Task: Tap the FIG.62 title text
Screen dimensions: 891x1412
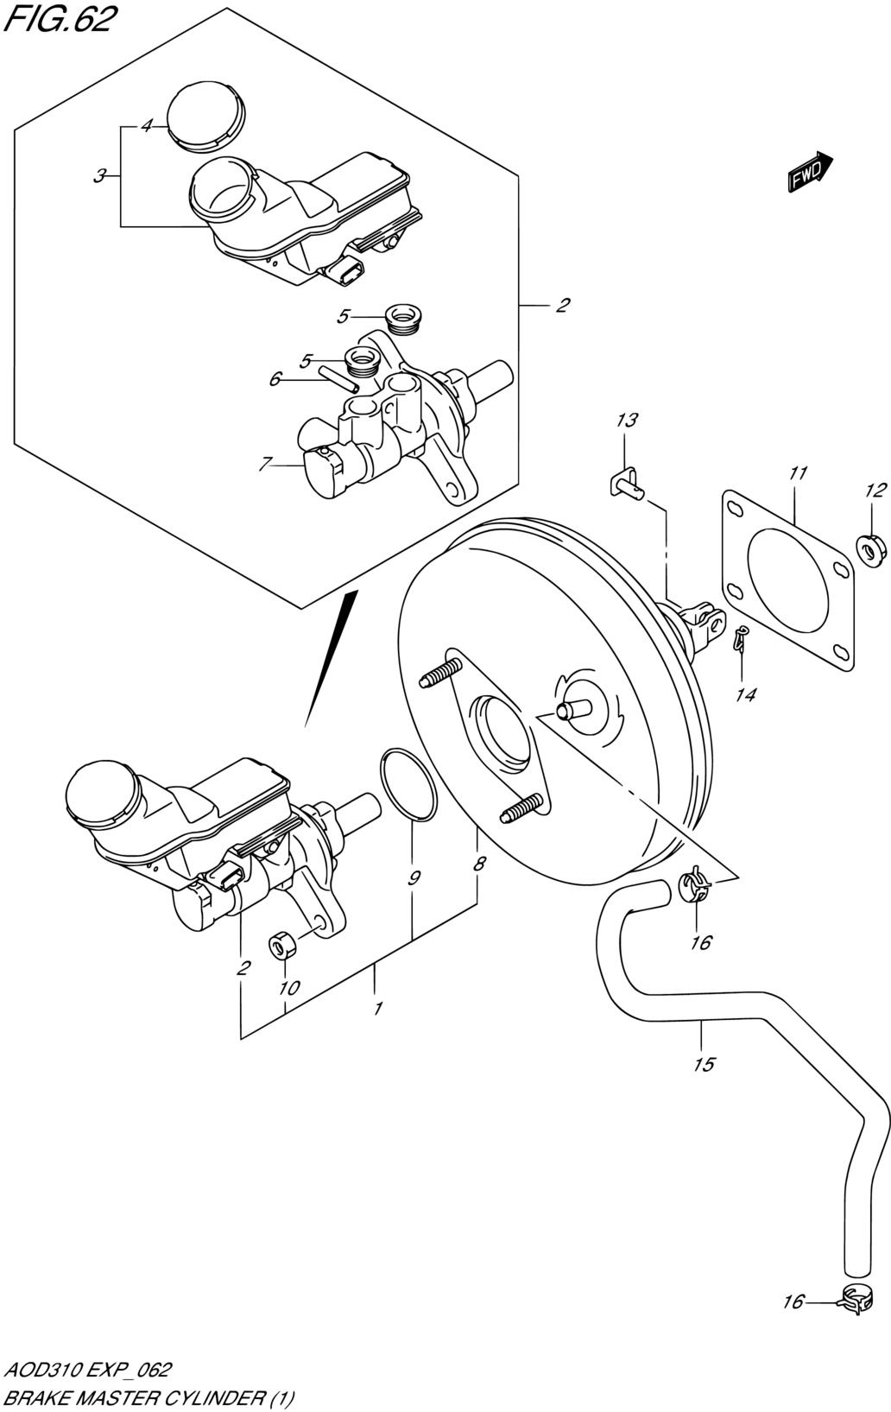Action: click(59, 20)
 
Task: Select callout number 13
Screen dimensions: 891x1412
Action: click(626, 420)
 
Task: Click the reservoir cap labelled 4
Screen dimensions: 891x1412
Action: click(205, 117)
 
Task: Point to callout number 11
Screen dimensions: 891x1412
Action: click(799, 472)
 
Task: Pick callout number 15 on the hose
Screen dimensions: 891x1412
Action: click(705, 1065)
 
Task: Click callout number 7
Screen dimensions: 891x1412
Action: click(265, 465)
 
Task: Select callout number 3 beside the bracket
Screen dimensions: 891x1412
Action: click(99, 177)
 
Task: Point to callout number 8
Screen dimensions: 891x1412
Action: click(479, 864)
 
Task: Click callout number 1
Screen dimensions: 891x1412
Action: click(377, 1008)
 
